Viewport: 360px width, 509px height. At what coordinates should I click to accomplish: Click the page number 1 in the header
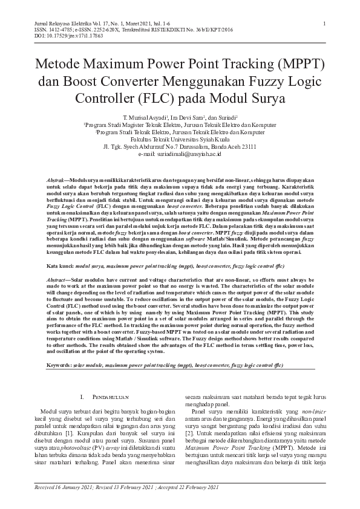tap(325, 24)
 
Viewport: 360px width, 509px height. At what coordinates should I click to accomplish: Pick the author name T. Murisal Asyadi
tap(142, 116)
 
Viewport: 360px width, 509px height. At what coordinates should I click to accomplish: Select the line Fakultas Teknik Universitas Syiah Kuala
tap(180, 139)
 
